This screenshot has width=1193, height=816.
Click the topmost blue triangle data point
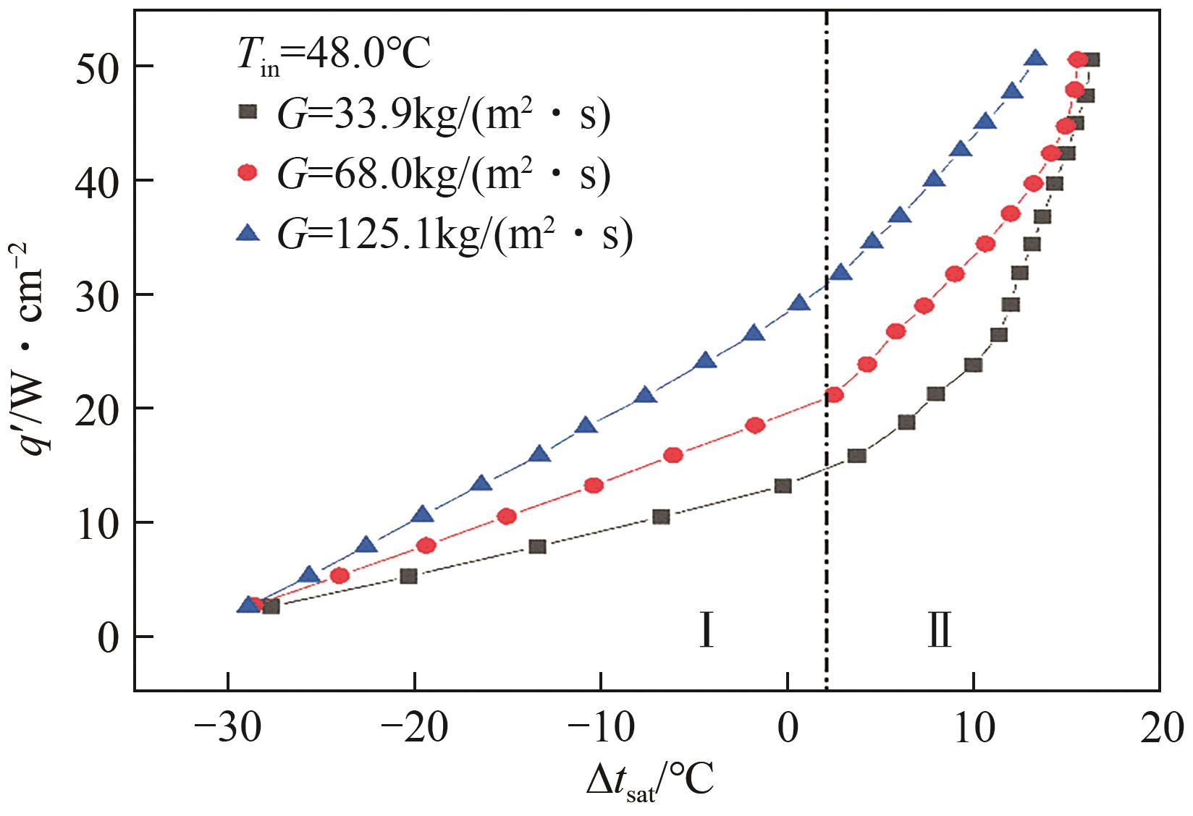(x=1035, y=59)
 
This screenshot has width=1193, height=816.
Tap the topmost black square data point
(x=1092, y=60)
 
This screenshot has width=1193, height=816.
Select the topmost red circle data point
(x=1078, y=60)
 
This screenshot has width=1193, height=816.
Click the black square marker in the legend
(x=249, y=112)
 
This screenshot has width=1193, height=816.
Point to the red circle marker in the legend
(x=249, y=173)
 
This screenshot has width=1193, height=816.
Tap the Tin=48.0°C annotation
(x=334, y=55)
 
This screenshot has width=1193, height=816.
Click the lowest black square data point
(x=271, y=606)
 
